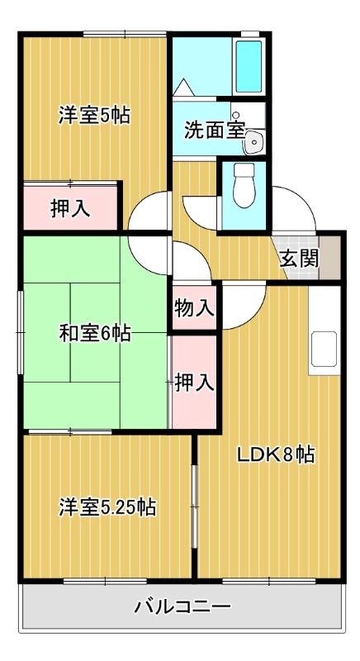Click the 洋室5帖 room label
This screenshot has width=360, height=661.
(x=93, y=115)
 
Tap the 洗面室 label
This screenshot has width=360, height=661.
(x=214, y=130)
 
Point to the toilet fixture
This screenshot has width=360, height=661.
(x=244, y=185)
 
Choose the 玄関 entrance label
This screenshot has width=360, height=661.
(x=298, y=258)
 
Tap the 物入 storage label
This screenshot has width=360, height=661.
(x=194, y=308)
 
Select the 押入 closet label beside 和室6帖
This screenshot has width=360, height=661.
(x=195, y=382)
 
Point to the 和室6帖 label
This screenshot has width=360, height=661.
(x=93, y=333)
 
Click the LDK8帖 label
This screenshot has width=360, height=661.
(x=275, y=454)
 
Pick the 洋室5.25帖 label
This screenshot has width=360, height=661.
(x=107, y=506)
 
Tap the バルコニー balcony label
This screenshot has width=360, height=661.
(x=182, y=609)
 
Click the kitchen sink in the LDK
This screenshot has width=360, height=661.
(x=324, y=350)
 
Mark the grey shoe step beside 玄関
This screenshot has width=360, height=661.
(x=330, y=257)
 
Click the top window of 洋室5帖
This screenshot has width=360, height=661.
(x=124, y=34)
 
